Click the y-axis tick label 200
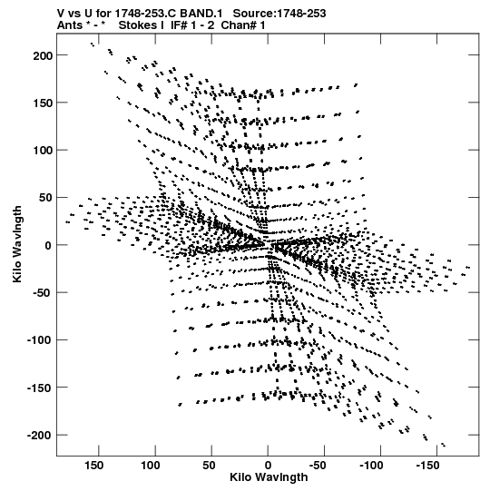43,56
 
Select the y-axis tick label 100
43,151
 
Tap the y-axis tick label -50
43,293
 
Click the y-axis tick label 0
48,246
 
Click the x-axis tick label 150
94,466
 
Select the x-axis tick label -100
371,466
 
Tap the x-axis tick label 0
268,466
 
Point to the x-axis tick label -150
427,466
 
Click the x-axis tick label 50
209,466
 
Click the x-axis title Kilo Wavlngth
269,478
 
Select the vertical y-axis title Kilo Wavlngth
17,244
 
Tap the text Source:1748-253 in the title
279,14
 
